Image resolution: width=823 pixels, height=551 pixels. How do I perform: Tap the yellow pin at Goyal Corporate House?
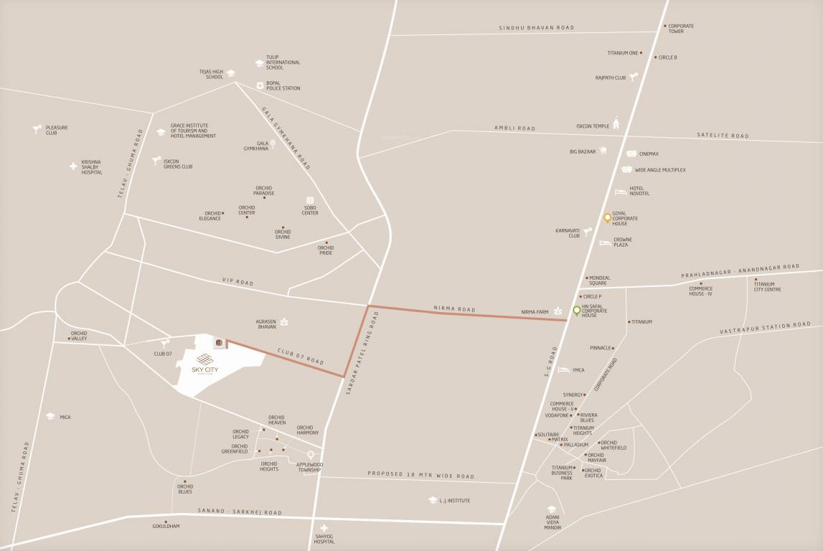pyautogui.click(x=607, y=218)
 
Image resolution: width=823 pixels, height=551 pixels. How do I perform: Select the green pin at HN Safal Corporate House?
pyautogui.click(x=576, y=311)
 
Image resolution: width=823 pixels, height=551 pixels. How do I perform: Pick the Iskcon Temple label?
pyautogui.click(x=592, y=126)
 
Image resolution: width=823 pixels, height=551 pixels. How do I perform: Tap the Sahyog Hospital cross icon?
pyautogui.click(x=324, y=528)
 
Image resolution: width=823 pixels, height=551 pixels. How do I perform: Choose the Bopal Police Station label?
pyautogui.click(x=283, y=85)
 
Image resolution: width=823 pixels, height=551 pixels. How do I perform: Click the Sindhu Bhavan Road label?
pyautogui.click(x=537, y=28)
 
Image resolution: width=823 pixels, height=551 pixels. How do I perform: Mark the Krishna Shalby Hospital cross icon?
pyautogui.click(x=73, y=166)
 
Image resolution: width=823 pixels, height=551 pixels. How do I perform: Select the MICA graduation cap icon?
pyautogui.click(x=50, y=417)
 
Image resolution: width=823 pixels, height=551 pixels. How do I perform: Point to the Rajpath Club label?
pyautogui.click(x=611, y=77)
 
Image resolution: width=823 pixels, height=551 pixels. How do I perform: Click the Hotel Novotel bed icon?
pyautogui.click(x=621, y=192)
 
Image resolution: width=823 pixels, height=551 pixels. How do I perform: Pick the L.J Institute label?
pyautogui.click(x=455, y=501)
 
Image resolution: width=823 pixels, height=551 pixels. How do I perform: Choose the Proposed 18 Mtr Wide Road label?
pyautogui.click(x=420, y=475)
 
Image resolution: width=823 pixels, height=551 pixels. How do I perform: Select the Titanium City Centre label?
pyautogui.click(x=767, y=286)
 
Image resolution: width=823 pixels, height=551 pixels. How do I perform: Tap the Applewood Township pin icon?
pyautogui.click(x=311, y=455)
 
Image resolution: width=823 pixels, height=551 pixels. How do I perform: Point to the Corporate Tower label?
pyautogui.click(x=681, y=29)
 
